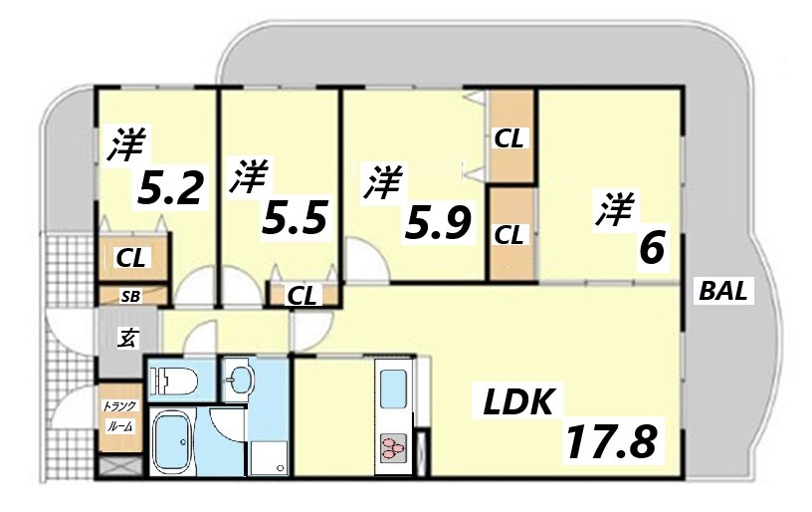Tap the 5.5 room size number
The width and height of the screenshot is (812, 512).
(294, 218)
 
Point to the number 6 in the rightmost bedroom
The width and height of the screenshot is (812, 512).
(651, 248)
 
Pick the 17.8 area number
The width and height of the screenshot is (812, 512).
(612, 440)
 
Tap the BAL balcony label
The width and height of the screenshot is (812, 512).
(725, 293)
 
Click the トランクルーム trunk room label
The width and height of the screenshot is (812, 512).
(120, 415)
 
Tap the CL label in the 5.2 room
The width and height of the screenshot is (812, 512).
(131, 259)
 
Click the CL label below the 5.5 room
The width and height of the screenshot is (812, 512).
(303, 295)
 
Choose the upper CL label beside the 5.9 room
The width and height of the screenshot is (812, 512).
(509, 139)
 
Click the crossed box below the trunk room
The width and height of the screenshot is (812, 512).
(120, 466)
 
